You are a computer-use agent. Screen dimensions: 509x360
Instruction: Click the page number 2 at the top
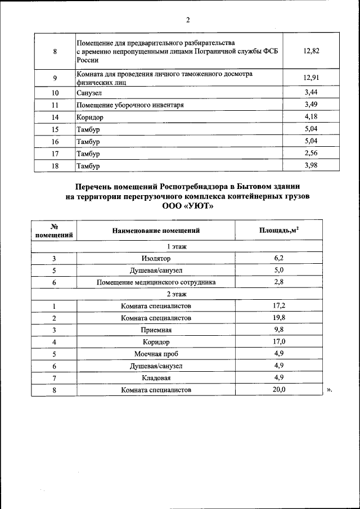coord(188,20)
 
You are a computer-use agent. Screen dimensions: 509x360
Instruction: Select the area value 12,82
coord(311,51)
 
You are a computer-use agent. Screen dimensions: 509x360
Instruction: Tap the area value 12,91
coord(311,78)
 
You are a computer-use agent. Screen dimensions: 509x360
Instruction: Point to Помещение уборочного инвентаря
coord(130,105)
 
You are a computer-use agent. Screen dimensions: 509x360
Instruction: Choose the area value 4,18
coord(311,116)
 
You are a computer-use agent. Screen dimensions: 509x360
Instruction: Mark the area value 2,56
coord(311,153)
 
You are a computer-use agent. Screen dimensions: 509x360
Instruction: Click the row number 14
coord(55,117)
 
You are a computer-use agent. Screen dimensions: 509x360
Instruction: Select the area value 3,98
coord(311,165)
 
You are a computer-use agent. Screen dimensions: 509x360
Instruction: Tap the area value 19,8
coord(279,318)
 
